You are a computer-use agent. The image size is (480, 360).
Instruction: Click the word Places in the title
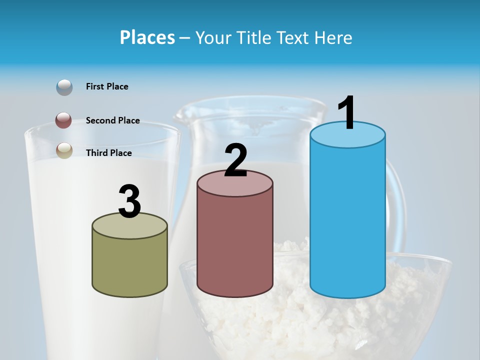point(147,37)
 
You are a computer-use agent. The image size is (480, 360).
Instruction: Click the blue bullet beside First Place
point(64,87)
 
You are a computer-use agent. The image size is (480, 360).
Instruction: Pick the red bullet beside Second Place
point(64,120)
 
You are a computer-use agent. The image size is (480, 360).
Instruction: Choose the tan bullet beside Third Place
point(64,150)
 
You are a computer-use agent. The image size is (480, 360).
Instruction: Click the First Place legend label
point(107,86)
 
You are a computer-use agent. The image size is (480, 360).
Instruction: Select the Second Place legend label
point(112,120)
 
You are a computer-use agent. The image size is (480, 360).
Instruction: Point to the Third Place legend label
point(108,153)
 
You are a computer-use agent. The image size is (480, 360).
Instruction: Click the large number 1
point(347,113)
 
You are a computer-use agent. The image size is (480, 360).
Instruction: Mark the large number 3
point(129,202)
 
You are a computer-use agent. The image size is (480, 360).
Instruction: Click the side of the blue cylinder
point(347,220)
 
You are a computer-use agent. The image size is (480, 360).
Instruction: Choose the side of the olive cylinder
point(129,265)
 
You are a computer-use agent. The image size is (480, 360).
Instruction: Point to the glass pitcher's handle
point(397,200)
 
